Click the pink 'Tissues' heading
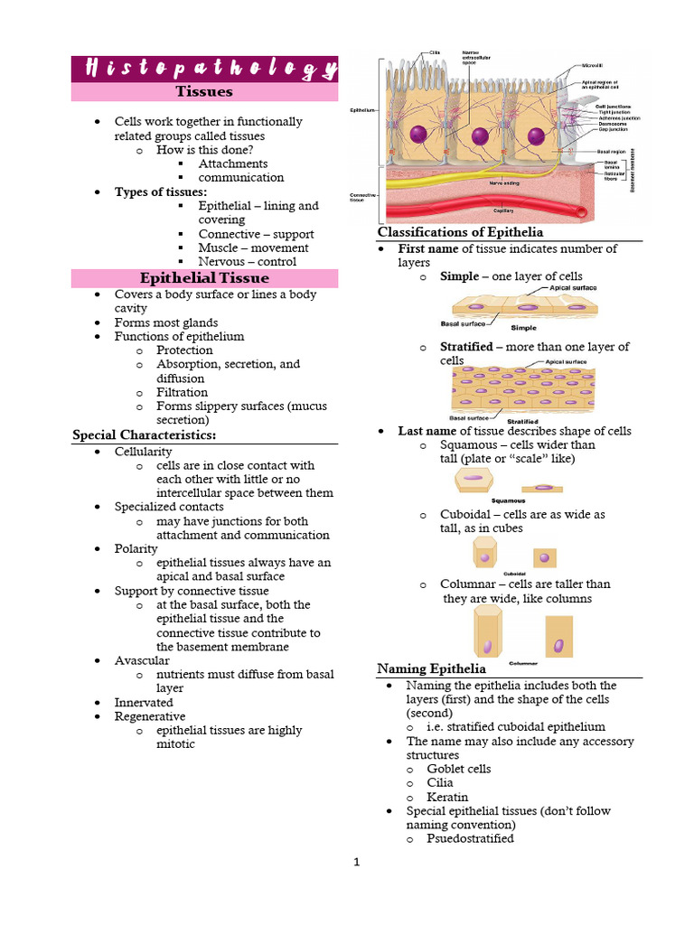tap(203, 91)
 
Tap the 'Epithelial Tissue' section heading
tap(203, 277)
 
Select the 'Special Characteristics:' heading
tap(144, 435)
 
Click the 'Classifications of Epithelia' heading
tap(460, 233)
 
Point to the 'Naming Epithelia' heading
tap(431, 668)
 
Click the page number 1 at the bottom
tap(356, 862)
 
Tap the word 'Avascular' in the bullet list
tap(142, 660)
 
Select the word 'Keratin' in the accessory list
tap(447, 797)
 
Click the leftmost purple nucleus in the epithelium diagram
tap(417, 134)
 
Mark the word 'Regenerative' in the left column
tap(144, 716)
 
